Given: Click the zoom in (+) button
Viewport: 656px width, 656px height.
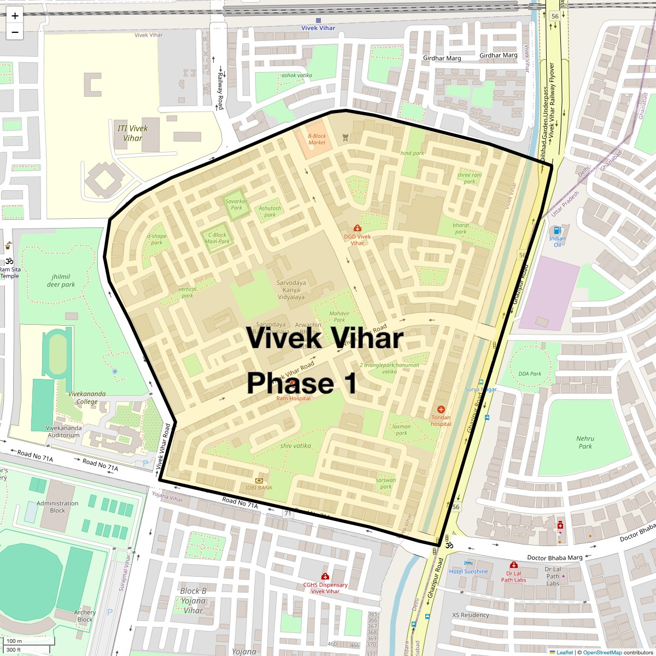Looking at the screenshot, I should [x=15, y=16].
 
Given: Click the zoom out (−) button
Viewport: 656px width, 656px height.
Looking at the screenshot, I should [x=15, y=32].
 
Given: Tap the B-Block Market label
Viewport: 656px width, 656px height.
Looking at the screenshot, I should [x=317, y=139].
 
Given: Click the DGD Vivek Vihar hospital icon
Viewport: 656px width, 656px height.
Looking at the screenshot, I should [x=358, y=228].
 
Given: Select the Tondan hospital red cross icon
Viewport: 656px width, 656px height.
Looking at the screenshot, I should [x=441, y=409].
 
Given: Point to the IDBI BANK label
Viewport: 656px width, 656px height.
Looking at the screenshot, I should [x=259, y=488].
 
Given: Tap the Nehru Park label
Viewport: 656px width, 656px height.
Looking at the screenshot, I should [x=585, y=442].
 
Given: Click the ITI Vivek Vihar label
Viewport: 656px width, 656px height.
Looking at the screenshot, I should [x=132, y=133].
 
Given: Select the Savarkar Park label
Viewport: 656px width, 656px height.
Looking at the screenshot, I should [x=236, y=204].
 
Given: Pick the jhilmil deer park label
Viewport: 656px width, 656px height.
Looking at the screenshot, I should [x=61, y=280].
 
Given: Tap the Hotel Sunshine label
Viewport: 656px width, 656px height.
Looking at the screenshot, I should [x=468, y=571].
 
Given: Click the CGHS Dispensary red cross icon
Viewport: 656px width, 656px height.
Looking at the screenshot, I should [x=325, y=576].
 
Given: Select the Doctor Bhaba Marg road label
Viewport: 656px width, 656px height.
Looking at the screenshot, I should [x=554, y=558].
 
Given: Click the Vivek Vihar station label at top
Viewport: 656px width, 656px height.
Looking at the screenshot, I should [x=318, y=28].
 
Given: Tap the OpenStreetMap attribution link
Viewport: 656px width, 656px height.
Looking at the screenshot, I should [x=602, y=652].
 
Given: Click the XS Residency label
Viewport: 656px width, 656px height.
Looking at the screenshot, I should [x=471, y=615].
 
